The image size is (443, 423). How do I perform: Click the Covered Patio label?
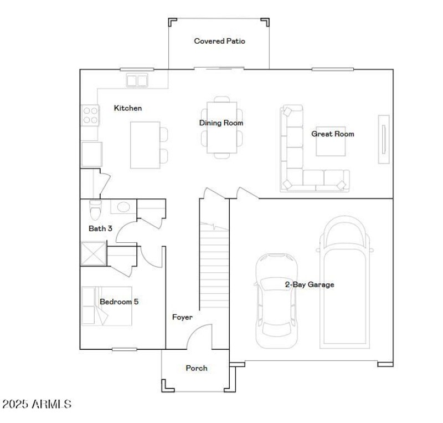(x=219, y=41)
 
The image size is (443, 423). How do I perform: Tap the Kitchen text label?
(x=128, y=108)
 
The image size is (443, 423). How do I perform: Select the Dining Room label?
(x=221, y=123)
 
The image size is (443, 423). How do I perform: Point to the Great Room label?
(x=332, y=134)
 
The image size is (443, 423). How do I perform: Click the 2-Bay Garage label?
(x=310, y=284)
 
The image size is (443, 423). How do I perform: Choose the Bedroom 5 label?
(x=119, y=302)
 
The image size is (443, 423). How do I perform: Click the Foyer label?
(x=182, y=318)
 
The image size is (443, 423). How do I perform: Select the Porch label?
(x=197, y=368)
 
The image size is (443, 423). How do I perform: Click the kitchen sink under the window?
(x=137, y=81)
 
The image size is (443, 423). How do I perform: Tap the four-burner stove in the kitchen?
(x=90, y=115)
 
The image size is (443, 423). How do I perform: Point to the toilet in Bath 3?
(x=95, y=210)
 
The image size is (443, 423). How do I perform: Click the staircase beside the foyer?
(x=215, y=266)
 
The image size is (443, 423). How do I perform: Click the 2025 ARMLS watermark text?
(x=37, y=404)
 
